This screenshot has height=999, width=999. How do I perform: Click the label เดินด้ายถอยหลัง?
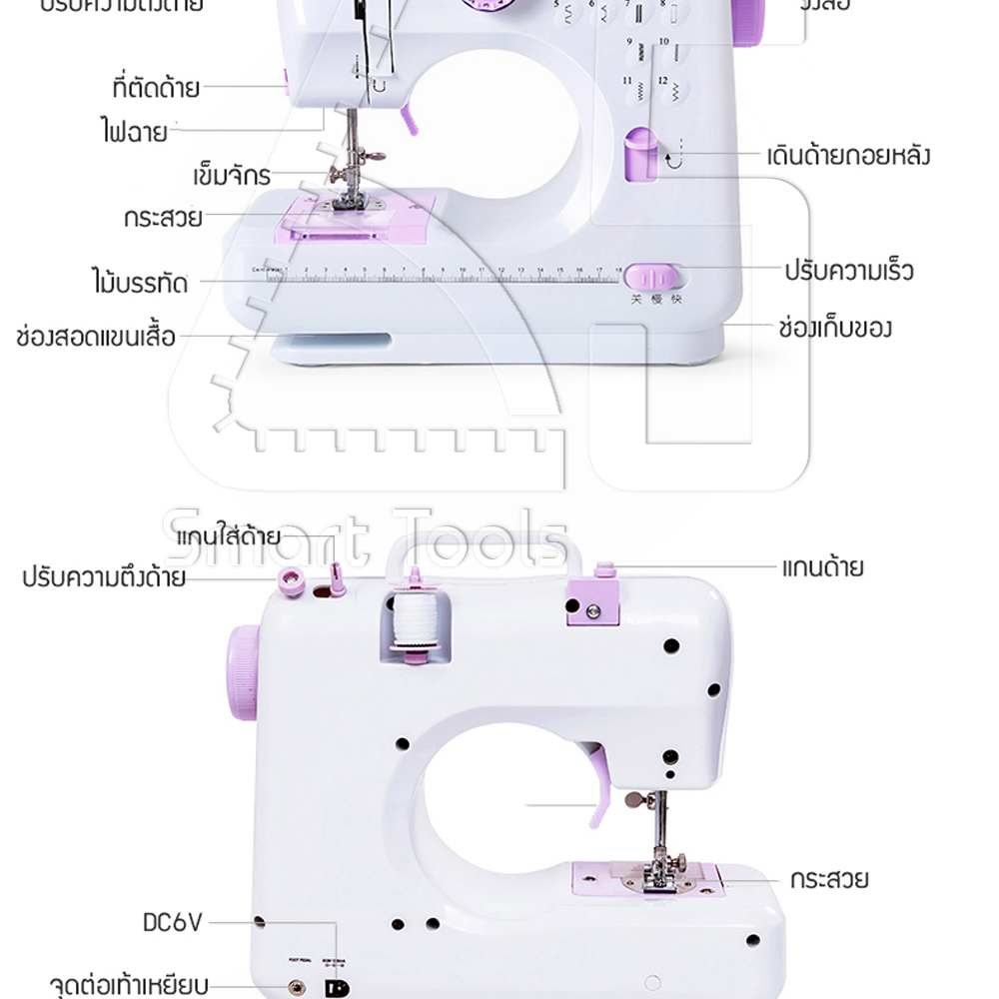click(x=848, y=156)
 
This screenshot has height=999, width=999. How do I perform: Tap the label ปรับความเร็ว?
click(x=848, y=270)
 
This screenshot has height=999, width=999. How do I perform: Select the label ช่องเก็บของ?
click(x=834, y=327)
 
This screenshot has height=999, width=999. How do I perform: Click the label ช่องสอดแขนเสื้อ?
click(x=96, y=336)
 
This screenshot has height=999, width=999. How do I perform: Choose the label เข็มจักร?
click(x=232, y=177)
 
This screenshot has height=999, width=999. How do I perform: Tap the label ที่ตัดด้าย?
click(x=156, y=88)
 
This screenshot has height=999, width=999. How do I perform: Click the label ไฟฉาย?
click(x=134, y=131)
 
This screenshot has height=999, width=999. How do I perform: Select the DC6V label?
click(x=173, y=922)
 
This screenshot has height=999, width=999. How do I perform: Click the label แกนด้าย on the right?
click(x=822, y=568)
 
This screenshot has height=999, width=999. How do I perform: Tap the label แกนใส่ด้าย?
click(x=229, y=537)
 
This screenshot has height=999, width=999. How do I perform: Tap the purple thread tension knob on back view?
click(x=292, y=578)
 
